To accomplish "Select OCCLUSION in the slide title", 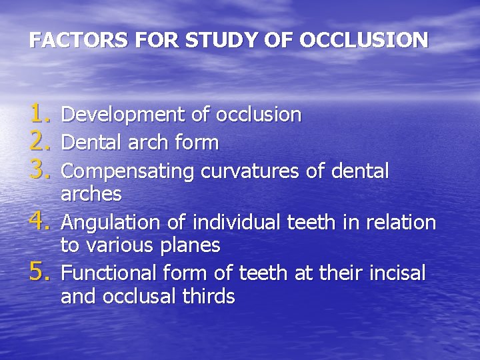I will [x=363, y=41].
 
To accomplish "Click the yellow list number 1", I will [x=41, y=114].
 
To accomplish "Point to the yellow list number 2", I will [x=41, y=141].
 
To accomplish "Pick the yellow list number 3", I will [x=41, y=170].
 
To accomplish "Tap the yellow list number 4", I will [x=41, y=221].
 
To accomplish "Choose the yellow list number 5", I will [x=41, y=272].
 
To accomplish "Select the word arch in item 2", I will [x=153, y=143].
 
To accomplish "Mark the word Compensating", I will [x=127, y=172].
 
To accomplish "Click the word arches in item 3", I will [x=91, y=195].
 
